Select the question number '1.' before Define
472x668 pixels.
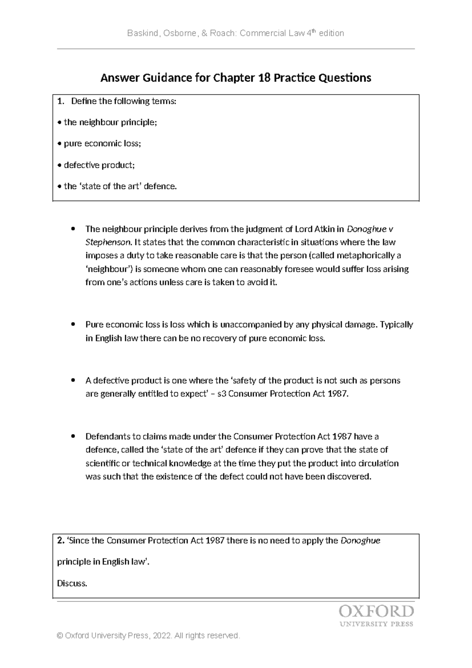(x=60, y=102)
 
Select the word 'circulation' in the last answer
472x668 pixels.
(x=378, y=463)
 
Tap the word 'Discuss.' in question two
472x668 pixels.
(x=72, y=583)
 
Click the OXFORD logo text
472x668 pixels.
(x=376, y=612)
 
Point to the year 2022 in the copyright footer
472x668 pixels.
(x=162, y=636)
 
